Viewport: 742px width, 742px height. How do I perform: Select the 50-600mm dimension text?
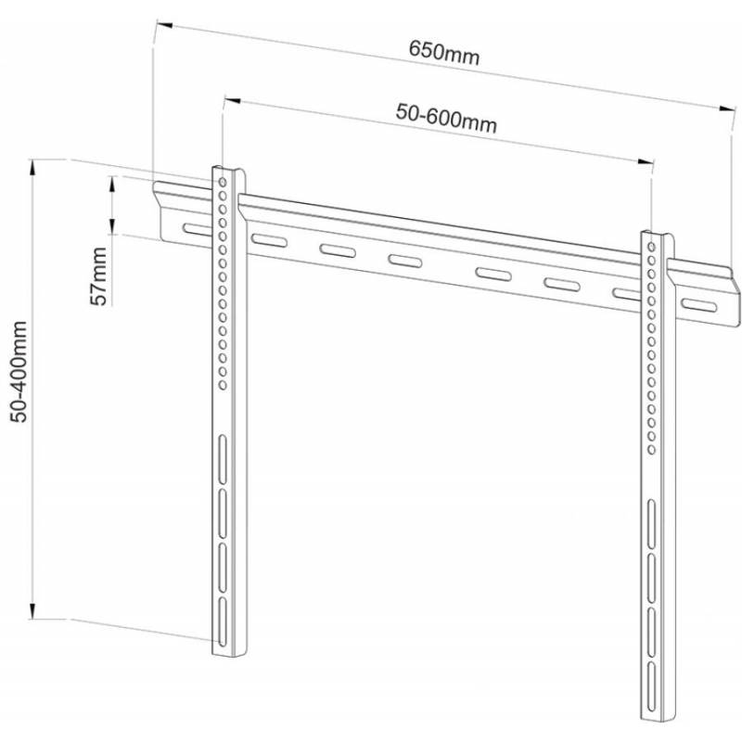[446, 119]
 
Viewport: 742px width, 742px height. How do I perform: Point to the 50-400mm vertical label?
[19, 371]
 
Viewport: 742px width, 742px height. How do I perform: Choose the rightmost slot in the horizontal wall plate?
[698, 307]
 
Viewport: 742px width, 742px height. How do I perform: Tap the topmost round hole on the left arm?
[224, 173]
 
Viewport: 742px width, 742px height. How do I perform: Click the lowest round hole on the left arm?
[223, 384]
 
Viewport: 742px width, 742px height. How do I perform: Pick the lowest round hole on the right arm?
[652, 450]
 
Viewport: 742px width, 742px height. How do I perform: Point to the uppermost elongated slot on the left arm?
[223, 457]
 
